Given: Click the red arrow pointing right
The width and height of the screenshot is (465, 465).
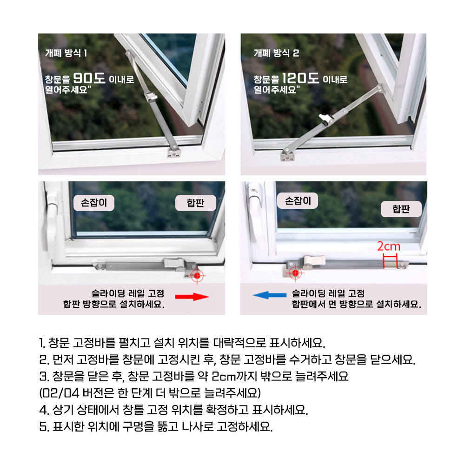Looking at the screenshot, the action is pos(192,297).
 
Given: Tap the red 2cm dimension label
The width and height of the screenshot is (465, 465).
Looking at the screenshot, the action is pos(388,246).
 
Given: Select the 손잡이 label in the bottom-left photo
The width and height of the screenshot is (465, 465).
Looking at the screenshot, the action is pos(94,203).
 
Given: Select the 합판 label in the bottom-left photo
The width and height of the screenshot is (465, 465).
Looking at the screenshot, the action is pos(195,203).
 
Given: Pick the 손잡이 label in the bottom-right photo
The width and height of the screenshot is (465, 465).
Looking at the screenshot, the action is pos(298,201).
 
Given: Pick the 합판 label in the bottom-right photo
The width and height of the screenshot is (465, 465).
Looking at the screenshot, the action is pos(401,209).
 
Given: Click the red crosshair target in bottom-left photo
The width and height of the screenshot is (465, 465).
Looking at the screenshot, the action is pos(197,276).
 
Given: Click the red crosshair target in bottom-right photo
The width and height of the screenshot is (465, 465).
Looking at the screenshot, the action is pos(295,272).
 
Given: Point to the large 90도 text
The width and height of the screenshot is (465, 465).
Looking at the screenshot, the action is pos(89,78).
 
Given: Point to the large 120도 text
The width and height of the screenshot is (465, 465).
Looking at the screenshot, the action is pos(300,78).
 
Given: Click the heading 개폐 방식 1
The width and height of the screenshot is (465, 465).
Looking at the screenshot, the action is pos(66,53).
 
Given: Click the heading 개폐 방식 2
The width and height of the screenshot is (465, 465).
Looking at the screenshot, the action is pos(276,53).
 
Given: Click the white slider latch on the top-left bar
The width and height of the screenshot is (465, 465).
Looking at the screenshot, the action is pos(151,96).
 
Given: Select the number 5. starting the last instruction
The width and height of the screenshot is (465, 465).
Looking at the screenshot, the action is pos(44,427).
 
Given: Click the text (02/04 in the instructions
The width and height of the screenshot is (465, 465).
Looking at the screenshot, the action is pos(60,393).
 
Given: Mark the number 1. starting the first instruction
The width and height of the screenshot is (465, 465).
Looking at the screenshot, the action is pos(42,343).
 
